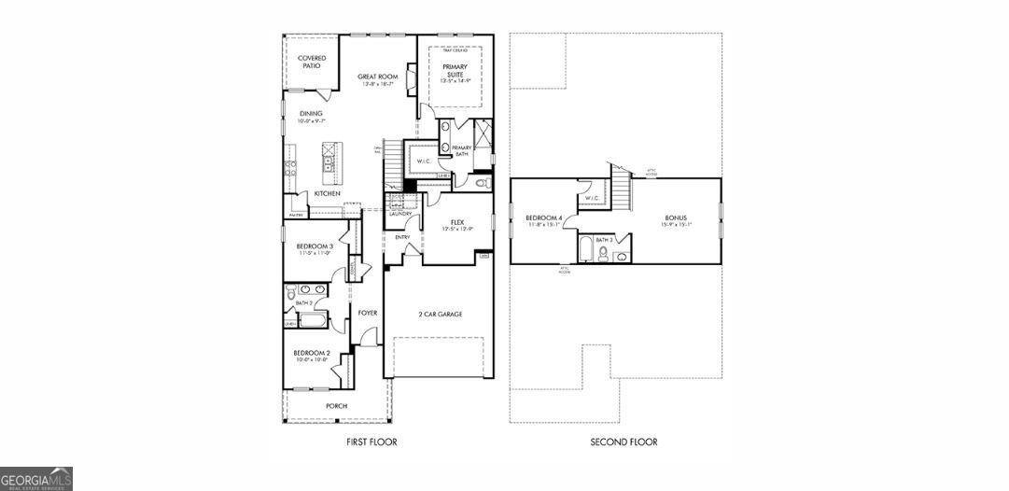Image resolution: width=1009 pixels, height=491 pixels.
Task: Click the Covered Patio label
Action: [x=312, y=62]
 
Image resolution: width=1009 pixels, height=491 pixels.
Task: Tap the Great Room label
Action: [x=378, y=77]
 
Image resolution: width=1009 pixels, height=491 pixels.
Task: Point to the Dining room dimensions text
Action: [x=311, y=121]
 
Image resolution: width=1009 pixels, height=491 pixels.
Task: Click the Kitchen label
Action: [x=327, y=193]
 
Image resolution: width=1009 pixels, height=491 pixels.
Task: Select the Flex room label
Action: [x=457, y=222]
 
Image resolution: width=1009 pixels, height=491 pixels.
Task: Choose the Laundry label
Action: [x=400, y=214]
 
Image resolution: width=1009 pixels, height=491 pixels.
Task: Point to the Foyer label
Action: [x=368, y=313]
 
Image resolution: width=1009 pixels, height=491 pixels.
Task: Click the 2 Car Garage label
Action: [x=440, y=314]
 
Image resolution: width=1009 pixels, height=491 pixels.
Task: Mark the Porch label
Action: [x=336, y=406]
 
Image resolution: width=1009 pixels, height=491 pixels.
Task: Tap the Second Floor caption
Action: [x=624, y=442]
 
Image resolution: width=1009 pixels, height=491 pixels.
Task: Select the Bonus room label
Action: [x=677, y=217]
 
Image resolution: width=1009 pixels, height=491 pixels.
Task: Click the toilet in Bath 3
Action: [x=603, y=254]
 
